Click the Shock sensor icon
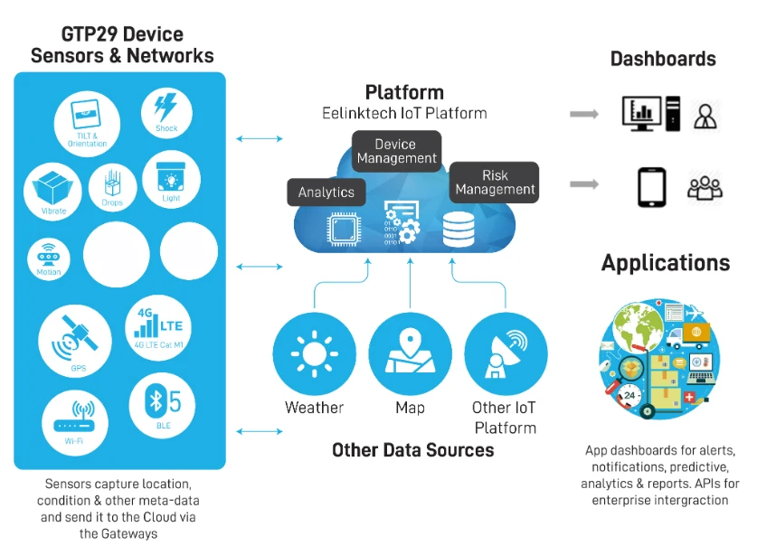(x=166, y=113)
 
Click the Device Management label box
(x=395, y=152)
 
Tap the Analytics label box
(x=326, y=193)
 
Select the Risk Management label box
(x=495, y=182)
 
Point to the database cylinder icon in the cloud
(x=459, y=230)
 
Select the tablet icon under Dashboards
(x=651, y=186)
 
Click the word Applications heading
(x=666, y=263)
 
